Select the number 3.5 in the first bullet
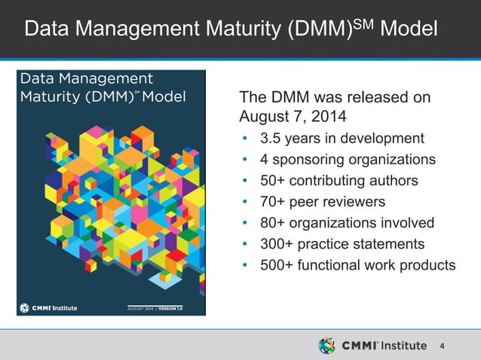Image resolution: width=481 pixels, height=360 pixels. (x=271, y=139)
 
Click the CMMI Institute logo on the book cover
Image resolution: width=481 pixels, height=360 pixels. (x=48, y=308)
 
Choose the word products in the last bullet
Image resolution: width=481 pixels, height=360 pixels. (x=429, y=265)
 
